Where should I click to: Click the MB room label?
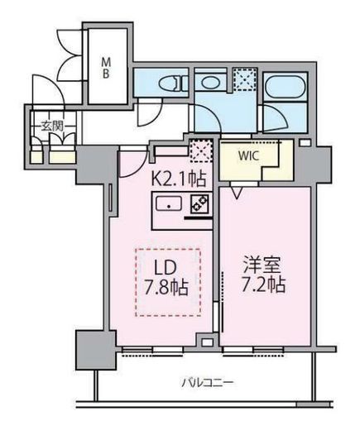click(106, 68)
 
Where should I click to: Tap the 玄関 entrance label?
click(52, 126)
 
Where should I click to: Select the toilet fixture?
click(170, 84)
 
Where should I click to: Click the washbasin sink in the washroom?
click(209, 82)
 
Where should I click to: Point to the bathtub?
click(286, 86)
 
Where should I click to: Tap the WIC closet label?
click(248, 156)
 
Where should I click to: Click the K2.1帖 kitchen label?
click(179, 179)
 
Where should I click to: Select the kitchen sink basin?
click(169, 204)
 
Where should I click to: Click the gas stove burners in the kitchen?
click(200, 204)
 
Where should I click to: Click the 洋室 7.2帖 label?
click(263, 275)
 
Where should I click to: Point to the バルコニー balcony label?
click(208, 383)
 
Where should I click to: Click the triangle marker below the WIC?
click(237, 192)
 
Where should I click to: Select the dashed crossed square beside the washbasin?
click(244, 79)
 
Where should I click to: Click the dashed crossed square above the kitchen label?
click(202, 150)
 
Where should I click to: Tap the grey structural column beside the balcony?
click(95, 350)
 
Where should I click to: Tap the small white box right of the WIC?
click(305, 143)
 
